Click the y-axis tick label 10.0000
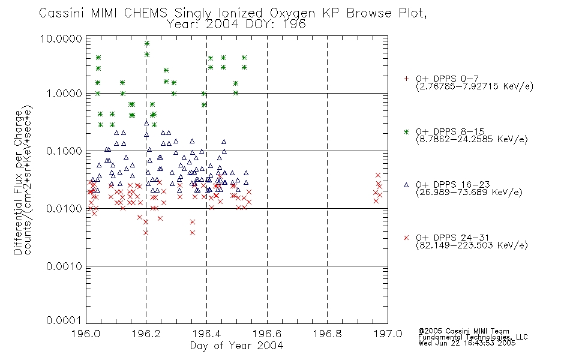point(61,38)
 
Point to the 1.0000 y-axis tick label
point(64,94)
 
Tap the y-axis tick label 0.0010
point(64,266)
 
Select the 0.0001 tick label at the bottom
point(64,320)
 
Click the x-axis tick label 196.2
point(146,334)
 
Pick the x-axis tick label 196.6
point(267,334)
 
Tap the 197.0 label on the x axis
point(388,334)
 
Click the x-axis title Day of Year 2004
point(236,346)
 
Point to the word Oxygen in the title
point(293,13)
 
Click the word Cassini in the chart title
point(61,13)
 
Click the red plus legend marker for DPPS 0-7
point(406,79)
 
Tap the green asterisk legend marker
point(406,131)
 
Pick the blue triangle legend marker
point(406,185)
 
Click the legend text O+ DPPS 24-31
point(453,238)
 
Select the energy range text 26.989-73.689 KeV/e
point(469,192)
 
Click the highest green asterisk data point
point(147,43)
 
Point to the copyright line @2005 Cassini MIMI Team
point(464,331)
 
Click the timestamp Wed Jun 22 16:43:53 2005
point(467,343)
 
